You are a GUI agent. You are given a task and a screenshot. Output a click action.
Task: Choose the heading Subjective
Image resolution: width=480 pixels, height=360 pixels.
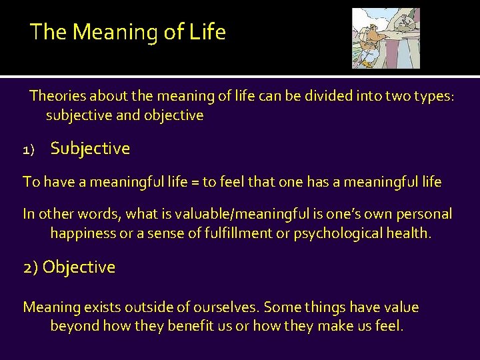[x=90, y=149]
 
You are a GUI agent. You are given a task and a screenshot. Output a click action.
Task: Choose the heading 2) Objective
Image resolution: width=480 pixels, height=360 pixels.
[x=69, y=267]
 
